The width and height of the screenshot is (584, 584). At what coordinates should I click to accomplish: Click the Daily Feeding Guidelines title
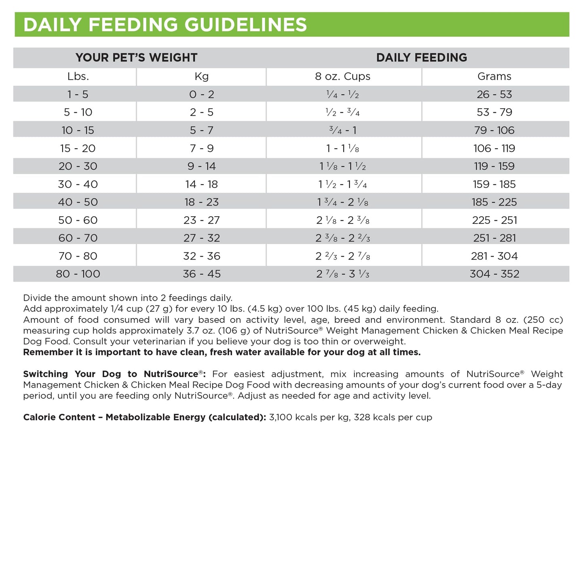click(165, 25)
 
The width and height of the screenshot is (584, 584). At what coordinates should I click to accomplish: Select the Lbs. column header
click(78, 76)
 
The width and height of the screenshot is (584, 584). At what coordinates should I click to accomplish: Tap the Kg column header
click(202, 76)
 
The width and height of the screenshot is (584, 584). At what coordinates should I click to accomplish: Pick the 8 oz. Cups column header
click(343, 76)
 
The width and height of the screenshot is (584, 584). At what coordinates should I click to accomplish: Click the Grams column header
click(494, 76)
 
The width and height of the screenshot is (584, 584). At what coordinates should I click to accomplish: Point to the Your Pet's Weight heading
click(137, 58)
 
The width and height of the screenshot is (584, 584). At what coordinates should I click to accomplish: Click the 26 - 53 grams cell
click(494, 95)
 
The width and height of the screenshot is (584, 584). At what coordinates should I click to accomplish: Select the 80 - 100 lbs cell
click(78, 274)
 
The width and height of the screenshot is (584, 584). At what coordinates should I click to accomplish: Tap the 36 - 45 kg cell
click(202, 274)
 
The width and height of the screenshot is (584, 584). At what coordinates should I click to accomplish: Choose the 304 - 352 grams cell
click(494, 274)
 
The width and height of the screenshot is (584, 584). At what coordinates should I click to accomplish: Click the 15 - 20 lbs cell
click(78, 148)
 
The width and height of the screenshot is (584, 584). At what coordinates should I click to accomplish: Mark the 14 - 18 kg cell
click(202, 184)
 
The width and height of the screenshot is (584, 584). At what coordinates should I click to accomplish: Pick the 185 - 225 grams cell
click(494, 202)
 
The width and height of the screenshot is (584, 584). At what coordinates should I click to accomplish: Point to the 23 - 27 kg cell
click(202, 220)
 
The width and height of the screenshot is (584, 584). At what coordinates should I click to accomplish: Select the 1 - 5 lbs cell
click(78, 95)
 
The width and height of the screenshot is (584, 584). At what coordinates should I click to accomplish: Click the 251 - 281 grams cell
click(494, 238)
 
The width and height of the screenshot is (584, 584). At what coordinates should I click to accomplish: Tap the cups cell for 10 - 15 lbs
click(343, 130)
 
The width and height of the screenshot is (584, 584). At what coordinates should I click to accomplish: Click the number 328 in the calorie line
click(362, 417)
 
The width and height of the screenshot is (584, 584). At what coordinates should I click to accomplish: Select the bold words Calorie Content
click(59, 417)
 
